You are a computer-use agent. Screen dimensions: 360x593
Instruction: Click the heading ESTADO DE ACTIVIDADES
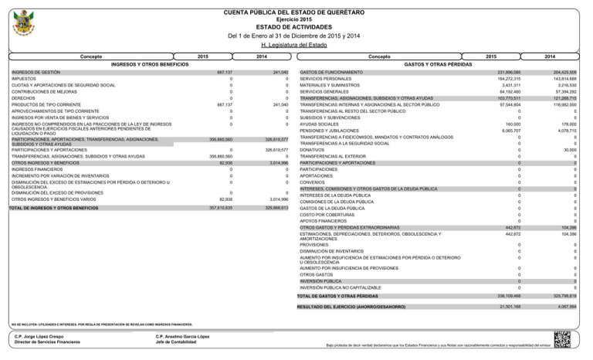point(296,26)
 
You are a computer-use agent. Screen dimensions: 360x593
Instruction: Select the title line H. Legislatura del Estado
point(296,45)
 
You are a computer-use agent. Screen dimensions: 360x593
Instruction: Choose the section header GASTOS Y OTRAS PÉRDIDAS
point(435,63)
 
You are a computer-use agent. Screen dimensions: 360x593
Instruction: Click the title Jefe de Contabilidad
point(178,342)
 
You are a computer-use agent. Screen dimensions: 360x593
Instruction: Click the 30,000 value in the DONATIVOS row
point(569,150)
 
